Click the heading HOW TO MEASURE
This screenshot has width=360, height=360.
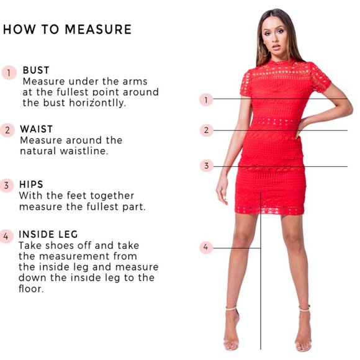[67, 29]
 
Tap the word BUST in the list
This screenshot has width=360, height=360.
[36, 70]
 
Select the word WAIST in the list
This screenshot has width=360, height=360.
[37, 129]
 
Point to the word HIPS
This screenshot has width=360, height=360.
[31, 184]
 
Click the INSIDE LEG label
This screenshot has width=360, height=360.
[48, 234]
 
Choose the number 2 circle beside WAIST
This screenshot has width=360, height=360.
[8, 130]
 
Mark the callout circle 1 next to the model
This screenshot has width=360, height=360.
[207, 99]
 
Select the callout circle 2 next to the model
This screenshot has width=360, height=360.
[207, 130]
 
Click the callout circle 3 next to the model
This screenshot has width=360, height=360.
[207, 166]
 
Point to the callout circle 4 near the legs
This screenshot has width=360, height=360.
[207, 247]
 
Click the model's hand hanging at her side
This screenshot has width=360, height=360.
[222, 189]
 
